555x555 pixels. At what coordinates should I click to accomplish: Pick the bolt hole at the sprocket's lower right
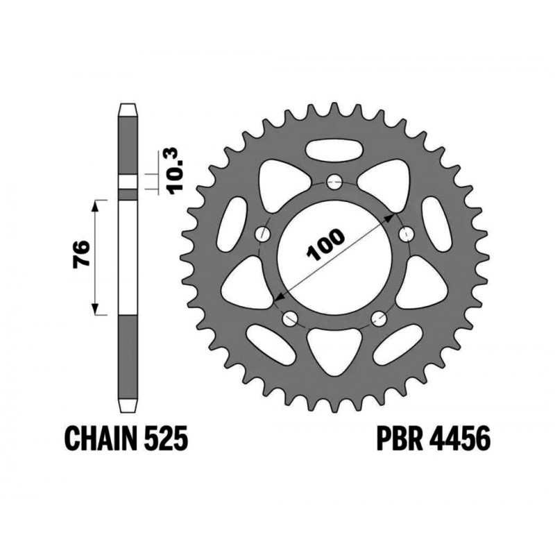[x=379, y=318]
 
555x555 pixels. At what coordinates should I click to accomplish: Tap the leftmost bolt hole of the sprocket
[x=264, y=234]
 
